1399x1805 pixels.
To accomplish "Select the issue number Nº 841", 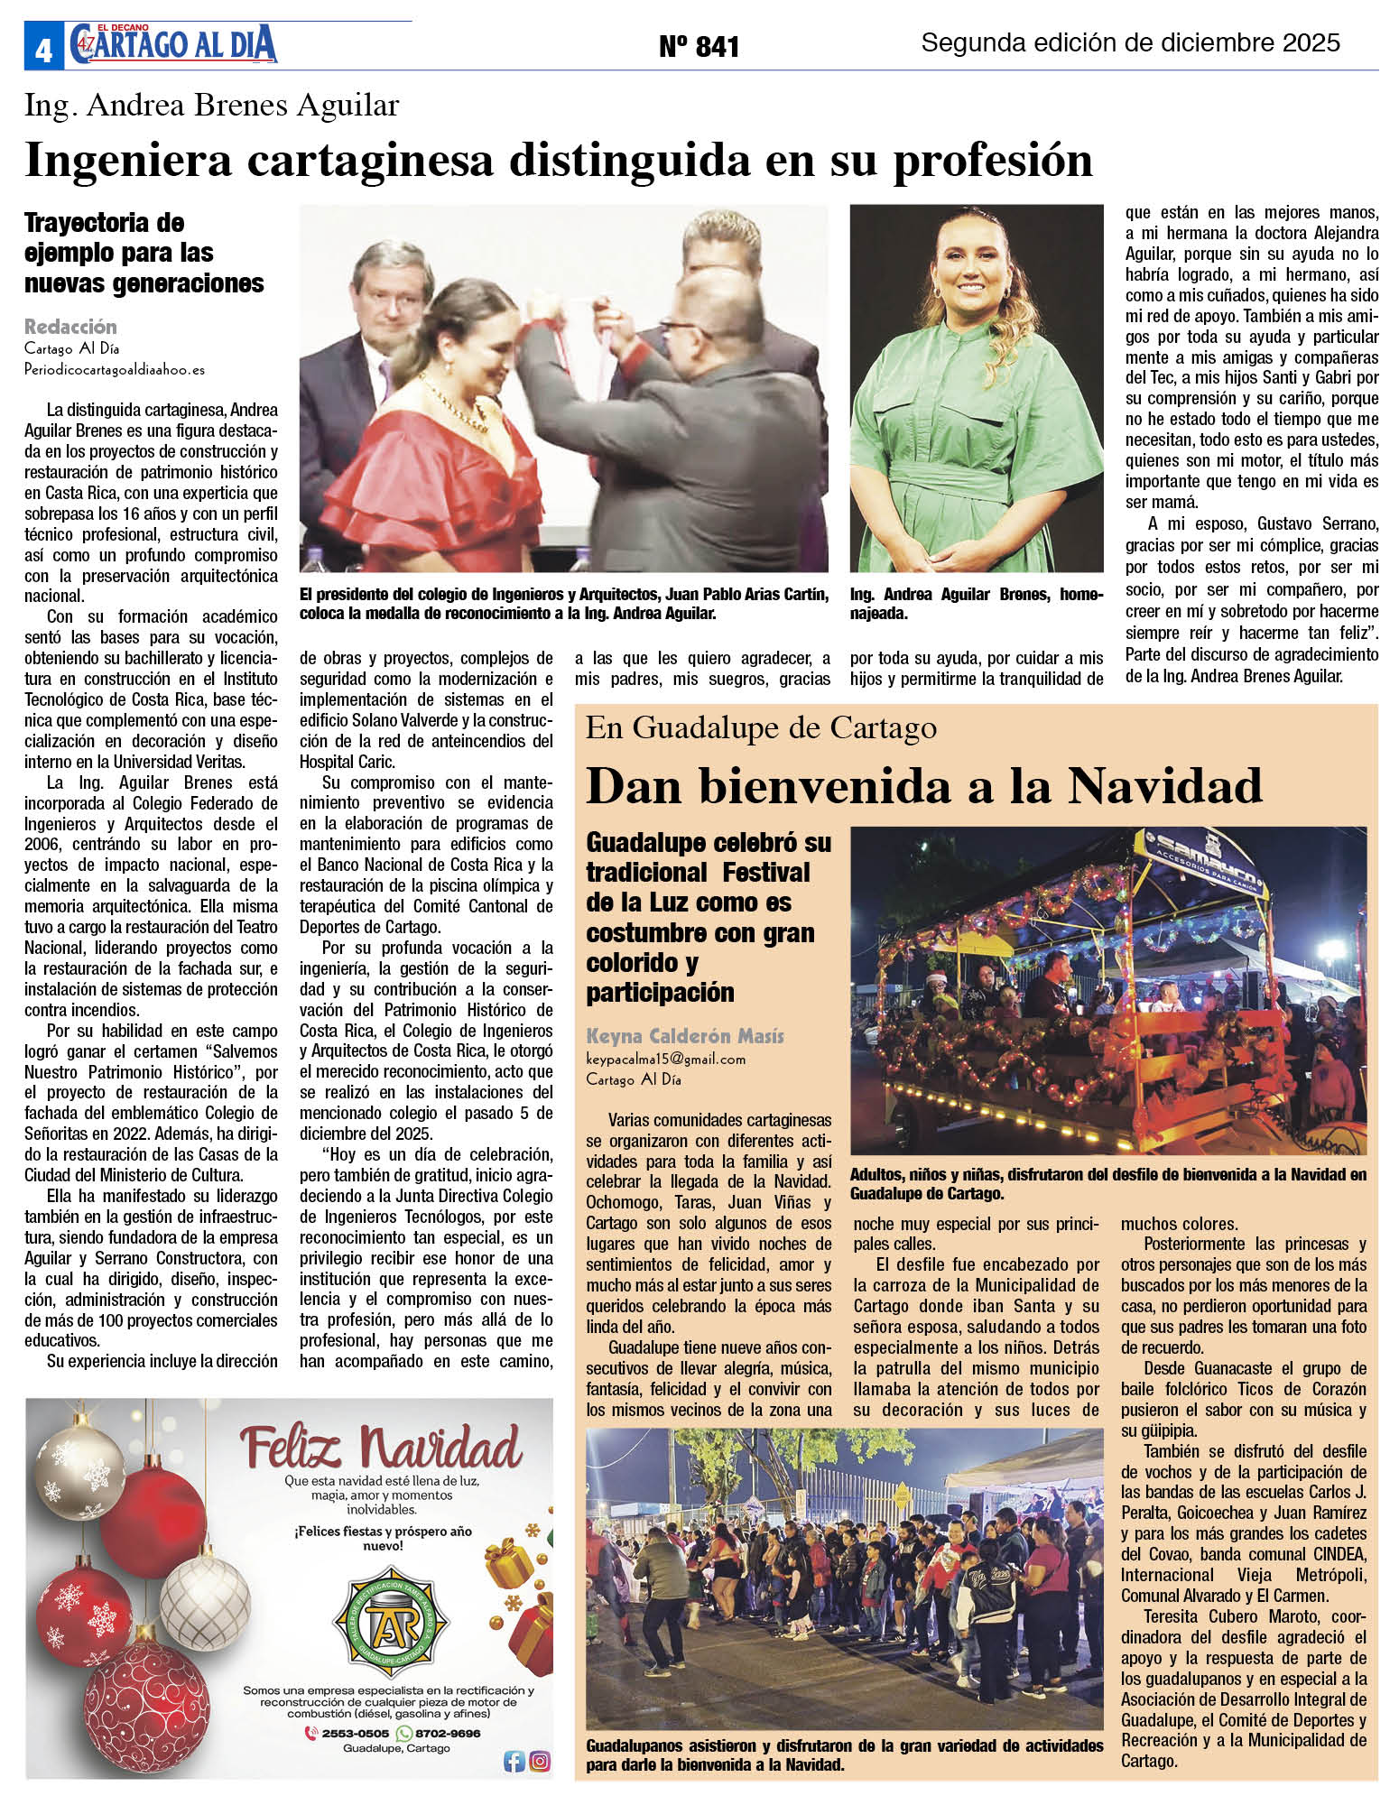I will click(699, 46).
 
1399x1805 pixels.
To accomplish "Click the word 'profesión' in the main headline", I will click(992, 161).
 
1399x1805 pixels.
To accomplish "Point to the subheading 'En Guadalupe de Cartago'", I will click(761, 727).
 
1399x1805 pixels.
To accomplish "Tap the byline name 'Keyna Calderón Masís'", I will click(685, 1036).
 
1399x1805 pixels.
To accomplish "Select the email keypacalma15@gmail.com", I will click(665, 1059).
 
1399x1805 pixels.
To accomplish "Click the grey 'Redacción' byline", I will click(70, 327).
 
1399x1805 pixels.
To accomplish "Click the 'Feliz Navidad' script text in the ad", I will click(380, 1449).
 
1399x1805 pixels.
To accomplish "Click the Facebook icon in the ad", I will click(514, 1761).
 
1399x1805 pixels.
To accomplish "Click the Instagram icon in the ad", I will click(540, 1761).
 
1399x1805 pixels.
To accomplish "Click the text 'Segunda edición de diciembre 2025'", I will click(1130, 42).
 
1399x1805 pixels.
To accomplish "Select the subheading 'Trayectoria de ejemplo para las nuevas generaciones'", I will click(144, 253).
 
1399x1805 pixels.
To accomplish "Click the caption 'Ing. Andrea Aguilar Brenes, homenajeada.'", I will click(976, 603).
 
